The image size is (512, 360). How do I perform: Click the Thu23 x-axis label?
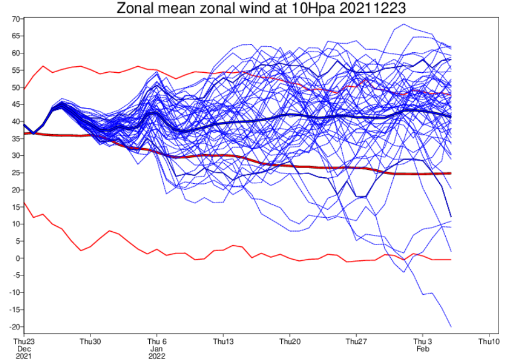coord(24,341)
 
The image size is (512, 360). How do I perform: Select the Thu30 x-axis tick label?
coord(90,341)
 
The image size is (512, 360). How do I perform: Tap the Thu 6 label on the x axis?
coord(157,341)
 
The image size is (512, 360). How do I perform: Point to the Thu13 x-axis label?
coord(223,341)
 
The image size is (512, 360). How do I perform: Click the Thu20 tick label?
coord(289,341)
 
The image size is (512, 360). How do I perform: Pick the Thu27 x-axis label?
coord(356,341)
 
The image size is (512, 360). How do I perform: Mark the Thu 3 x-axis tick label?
coord(423,341)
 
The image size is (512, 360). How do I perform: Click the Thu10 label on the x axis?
coord(489,341)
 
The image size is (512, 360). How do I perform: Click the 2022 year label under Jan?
coord(157,356)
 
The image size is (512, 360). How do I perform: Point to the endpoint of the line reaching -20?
coord(451,327)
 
